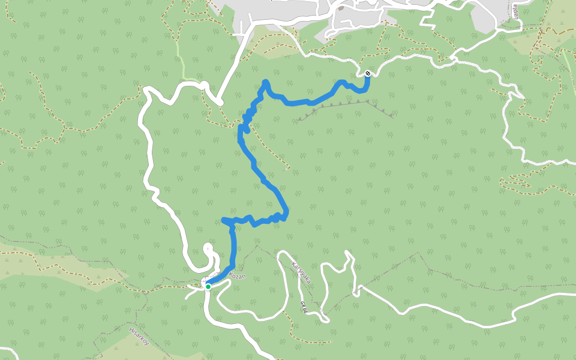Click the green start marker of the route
pyautogui.click(x=208, y=287)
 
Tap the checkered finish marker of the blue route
pyautogui.click(x=367, y=74)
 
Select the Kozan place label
pyautogui.click(x=237, y=277)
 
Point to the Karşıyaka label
pyautogui.click(x=299, y=272)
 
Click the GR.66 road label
pyautogui.click(x=304, y=307)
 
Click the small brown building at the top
pyautogui.click(x=341, y=8)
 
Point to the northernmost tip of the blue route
pyautogui.click(x=265, y=82)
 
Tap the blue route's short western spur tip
pyautogui.click(x=224, y=220)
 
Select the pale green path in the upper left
pyautogui.click(x=179, y=57)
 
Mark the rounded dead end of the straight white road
pyautogui.click(x=220, y=102)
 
